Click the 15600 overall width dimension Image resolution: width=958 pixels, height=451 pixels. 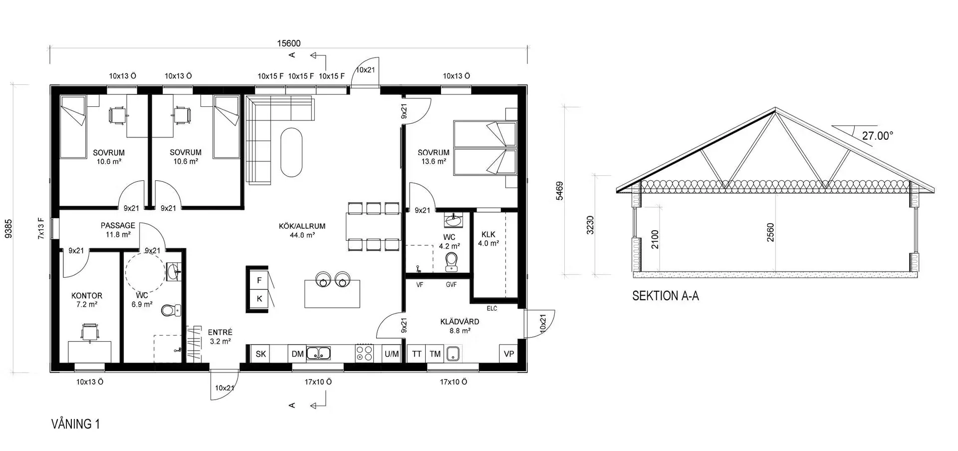[x=289, y=43]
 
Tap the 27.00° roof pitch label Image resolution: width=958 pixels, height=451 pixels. [x=878, y=135]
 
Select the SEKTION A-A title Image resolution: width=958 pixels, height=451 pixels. [x=665, y=296]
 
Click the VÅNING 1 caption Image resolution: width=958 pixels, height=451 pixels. [x=76, y=424]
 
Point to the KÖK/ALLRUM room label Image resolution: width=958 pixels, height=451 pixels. [x=302, y=226]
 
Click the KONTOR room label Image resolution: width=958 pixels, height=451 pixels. [x=87, y=296]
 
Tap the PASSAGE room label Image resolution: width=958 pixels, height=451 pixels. [x=118, y=225]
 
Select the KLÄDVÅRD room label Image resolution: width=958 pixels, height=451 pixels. [x=460, y=322]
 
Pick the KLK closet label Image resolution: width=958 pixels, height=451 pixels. [x=488, y=234]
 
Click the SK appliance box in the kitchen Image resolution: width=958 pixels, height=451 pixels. [x=261, y=354]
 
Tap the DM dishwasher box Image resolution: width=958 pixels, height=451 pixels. [x=298, y=354]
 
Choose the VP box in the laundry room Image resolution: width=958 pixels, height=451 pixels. [x=509, y=354]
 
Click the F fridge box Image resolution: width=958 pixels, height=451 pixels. [x=259, y=280]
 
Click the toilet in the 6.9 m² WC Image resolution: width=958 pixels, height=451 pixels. [x=169, y=310]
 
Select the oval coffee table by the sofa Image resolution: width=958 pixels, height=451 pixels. [x=291, y=152]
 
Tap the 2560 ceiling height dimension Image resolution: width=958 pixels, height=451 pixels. [x=770, y=232]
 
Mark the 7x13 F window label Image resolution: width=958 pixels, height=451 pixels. [x=41, y=229]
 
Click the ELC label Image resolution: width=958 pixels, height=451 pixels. [x=492, y=308]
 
